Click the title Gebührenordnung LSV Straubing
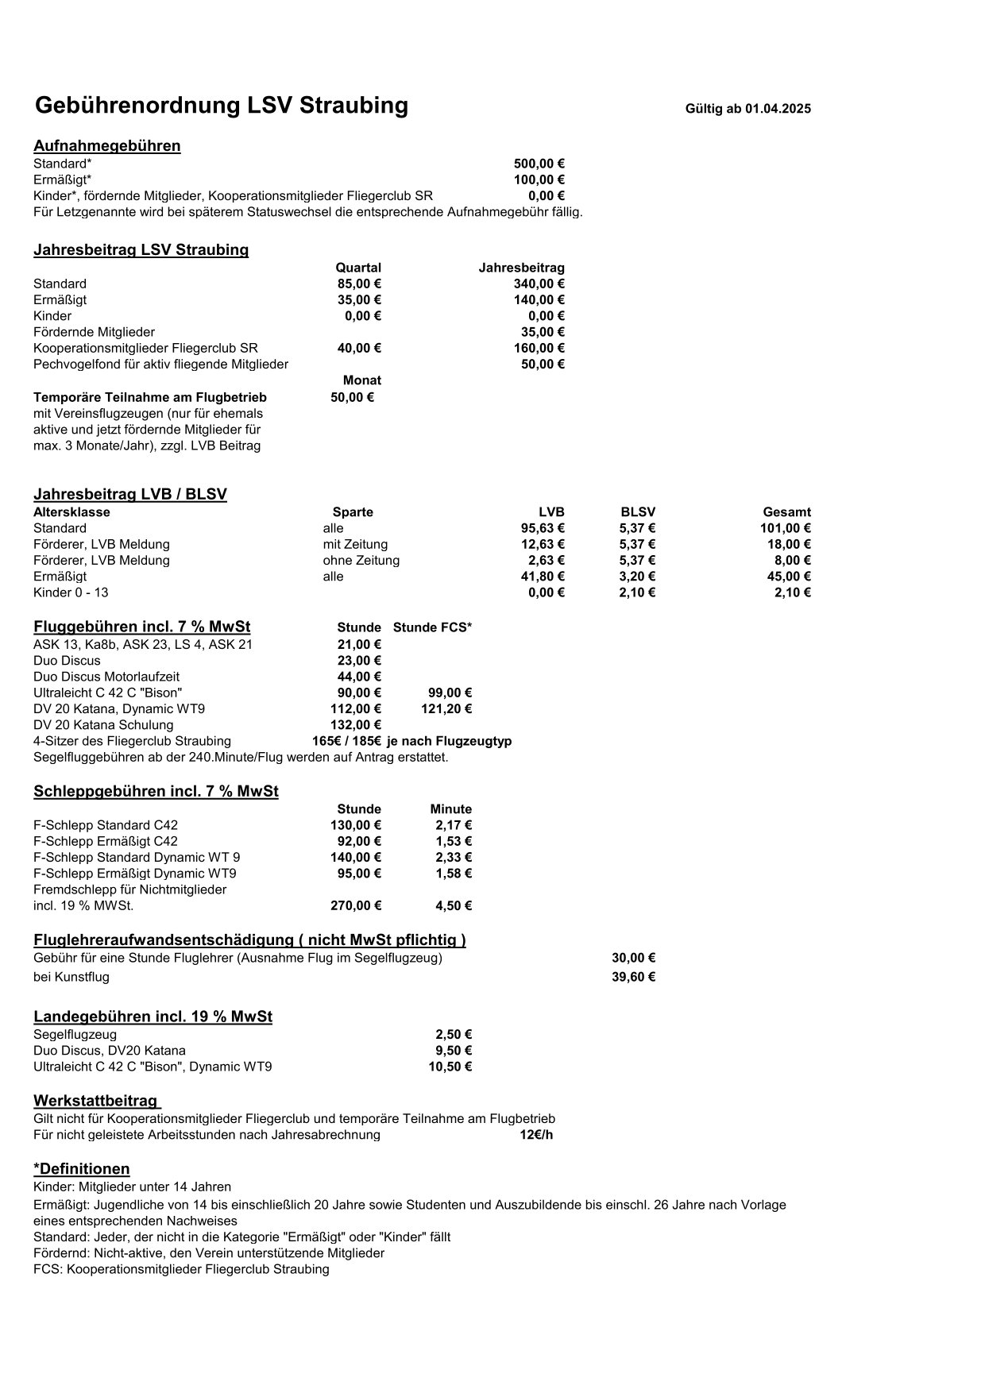[x=222, y=106]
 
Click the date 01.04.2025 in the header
[x=778, y=109]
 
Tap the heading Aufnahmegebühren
[x=107, y=145]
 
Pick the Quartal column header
[x=358, y=268]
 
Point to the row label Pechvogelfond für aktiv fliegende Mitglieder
[x=160, y=365]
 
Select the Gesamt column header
[x=786, y=512]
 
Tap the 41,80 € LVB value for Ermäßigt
[x=542, y=577]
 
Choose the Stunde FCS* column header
[x=432, y=627]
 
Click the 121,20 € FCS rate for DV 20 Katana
[x=446, y=708]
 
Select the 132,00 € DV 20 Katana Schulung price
[x=356, y=724]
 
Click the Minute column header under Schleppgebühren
[x=450, y=809]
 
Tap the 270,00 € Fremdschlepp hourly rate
[x=356, y=905]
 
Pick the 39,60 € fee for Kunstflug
[x=633, y=977]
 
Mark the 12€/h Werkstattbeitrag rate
[x=536, y=1135]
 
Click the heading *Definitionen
[x=82, y=1169]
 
